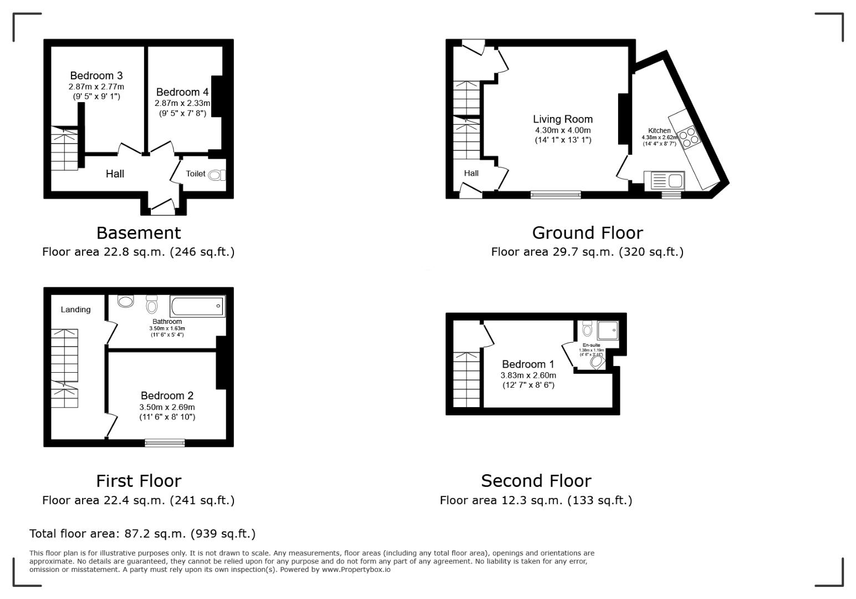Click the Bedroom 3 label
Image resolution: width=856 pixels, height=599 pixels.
pyautogui.click(x=96, y=75)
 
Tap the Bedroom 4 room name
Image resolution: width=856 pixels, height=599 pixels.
pyautogui.click(x=182, y=92)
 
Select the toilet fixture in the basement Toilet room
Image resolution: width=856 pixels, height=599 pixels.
pyautogui.click(x=217, y=175)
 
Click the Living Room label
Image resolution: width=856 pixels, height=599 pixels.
pyautogui.click(x=563, y=119)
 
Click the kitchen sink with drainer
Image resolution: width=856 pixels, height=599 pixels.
pyautogui.click(x=665, y=181)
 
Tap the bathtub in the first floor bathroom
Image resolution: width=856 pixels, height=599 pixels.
pyautogui.click(x=198, y=306)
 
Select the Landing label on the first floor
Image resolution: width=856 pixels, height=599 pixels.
pyautogui.click(x=75, y=309)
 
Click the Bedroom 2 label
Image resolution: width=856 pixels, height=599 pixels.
pyautogui.click(x=167, y=395)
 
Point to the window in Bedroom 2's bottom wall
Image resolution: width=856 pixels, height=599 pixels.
pyautogui.click(x=165, y=443)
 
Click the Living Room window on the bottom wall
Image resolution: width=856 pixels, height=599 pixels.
pyautogui.click(x=556, y=194)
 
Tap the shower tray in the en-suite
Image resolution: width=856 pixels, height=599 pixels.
pyautogui.click(x=607, y=331)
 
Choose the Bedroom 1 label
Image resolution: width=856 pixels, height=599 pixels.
pyautogui.click(x=528, y=364)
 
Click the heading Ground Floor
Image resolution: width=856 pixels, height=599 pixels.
pyautogui.click(x=587, y=232)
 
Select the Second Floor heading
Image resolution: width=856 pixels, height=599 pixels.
pyautogui.click(x=536, y=480)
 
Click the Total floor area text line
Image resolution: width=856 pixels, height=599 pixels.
pyautogui.click(x=142, y=534)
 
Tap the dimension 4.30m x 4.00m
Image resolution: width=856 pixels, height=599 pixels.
pyautogui.click(x=563, y=130)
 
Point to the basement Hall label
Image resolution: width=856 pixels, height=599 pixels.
pyautogui.click(x=115, y=174)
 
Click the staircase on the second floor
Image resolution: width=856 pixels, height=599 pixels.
pyautogui.click(x=466, y=379)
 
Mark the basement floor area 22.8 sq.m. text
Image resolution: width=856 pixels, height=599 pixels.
pyautogui.click(x=138, y=252)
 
